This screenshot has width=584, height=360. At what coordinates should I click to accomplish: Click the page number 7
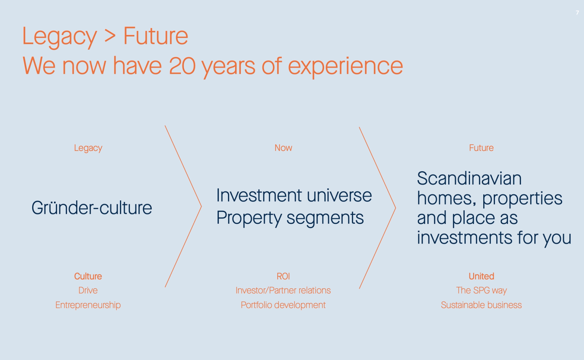(577, 13)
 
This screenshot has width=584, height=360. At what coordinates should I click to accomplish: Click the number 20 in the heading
(182, 66)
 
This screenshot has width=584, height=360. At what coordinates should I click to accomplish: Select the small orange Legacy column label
(88, 148)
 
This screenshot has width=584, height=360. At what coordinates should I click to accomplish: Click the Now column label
(283, 148)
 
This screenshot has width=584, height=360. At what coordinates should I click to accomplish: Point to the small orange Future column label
(481, 148)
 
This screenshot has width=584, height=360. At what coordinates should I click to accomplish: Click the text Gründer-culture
(92, 208)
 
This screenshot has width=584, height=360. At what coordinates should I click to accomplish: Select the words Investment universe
(294, 195)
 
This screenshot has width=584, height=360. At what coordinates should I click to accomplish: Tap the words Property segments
(290, 218)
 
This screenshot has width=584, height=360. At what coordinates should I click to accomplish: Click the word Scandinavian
(469, 179)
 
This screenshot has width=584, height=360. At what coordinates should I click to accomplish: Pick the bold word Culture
(88, 276)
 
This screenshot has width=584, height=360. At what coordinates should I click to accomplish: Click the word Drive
(88, 290)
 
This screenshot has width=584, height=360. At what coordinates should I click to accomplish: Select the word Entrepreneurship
(88, 305)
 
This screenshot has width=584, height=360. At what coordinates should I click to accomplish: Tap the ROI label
(283, 276)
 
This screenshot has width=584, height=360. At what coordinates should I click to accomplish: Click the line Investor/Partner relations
(283, 290)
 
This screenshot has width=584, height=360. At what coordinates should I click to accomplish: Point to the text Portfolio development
(283, 305)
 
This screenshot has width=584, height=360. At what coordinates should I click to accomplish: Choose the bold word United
(481, 276)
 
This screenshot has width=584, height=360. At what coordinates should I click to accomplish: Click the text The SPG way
(481, 290)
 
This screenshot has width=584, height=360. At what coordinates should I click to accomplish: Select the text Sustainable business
(481, 305)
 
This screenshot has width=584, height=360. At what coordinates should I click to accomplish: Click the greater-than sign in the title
(110, 36)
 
